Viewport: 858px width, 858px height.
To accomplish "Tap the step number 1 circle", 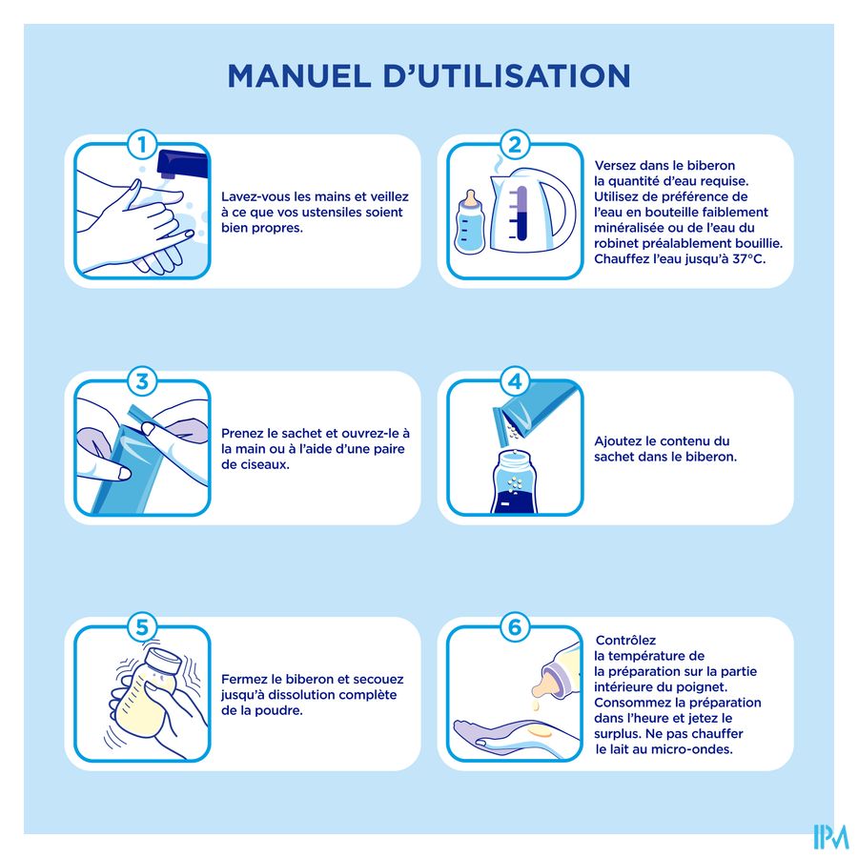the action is click(x=142, y=145).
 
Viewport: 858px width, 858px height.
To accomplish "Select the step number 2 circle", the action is click(x=515, y=145).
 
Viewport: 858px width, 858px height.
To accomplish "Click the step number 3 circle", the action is click(x=142, y=381).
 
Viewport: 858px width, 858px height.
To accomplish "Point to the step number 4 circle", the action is click(x=515, y=381).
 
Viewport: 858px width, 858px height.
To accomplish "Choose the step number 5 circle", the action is click(x=142, y=627).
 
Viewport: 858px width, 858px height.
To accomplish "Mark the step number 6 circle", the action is click(x=515, y=627).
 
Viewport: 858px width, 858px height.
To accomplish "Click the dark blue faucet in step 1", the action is click(x=182, y=164).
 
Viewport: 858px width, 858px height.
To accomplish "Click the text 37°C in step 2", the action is click(x=748, y=258).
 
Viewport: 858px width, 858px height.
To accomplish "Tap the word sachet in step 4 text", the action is click(x=615, y=457).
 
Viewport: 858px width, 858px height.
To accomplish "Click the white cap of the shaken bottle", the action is click(x=163, y=661).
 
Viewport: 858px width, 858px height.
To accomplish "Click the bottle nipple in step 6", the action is click(x=544, y=683).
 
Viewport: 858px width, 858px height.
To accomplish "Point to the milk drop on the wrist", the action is click(x=539, y=732).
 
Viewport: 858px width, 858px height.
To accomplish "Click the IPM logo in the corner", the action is click(x=830, y=837).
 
